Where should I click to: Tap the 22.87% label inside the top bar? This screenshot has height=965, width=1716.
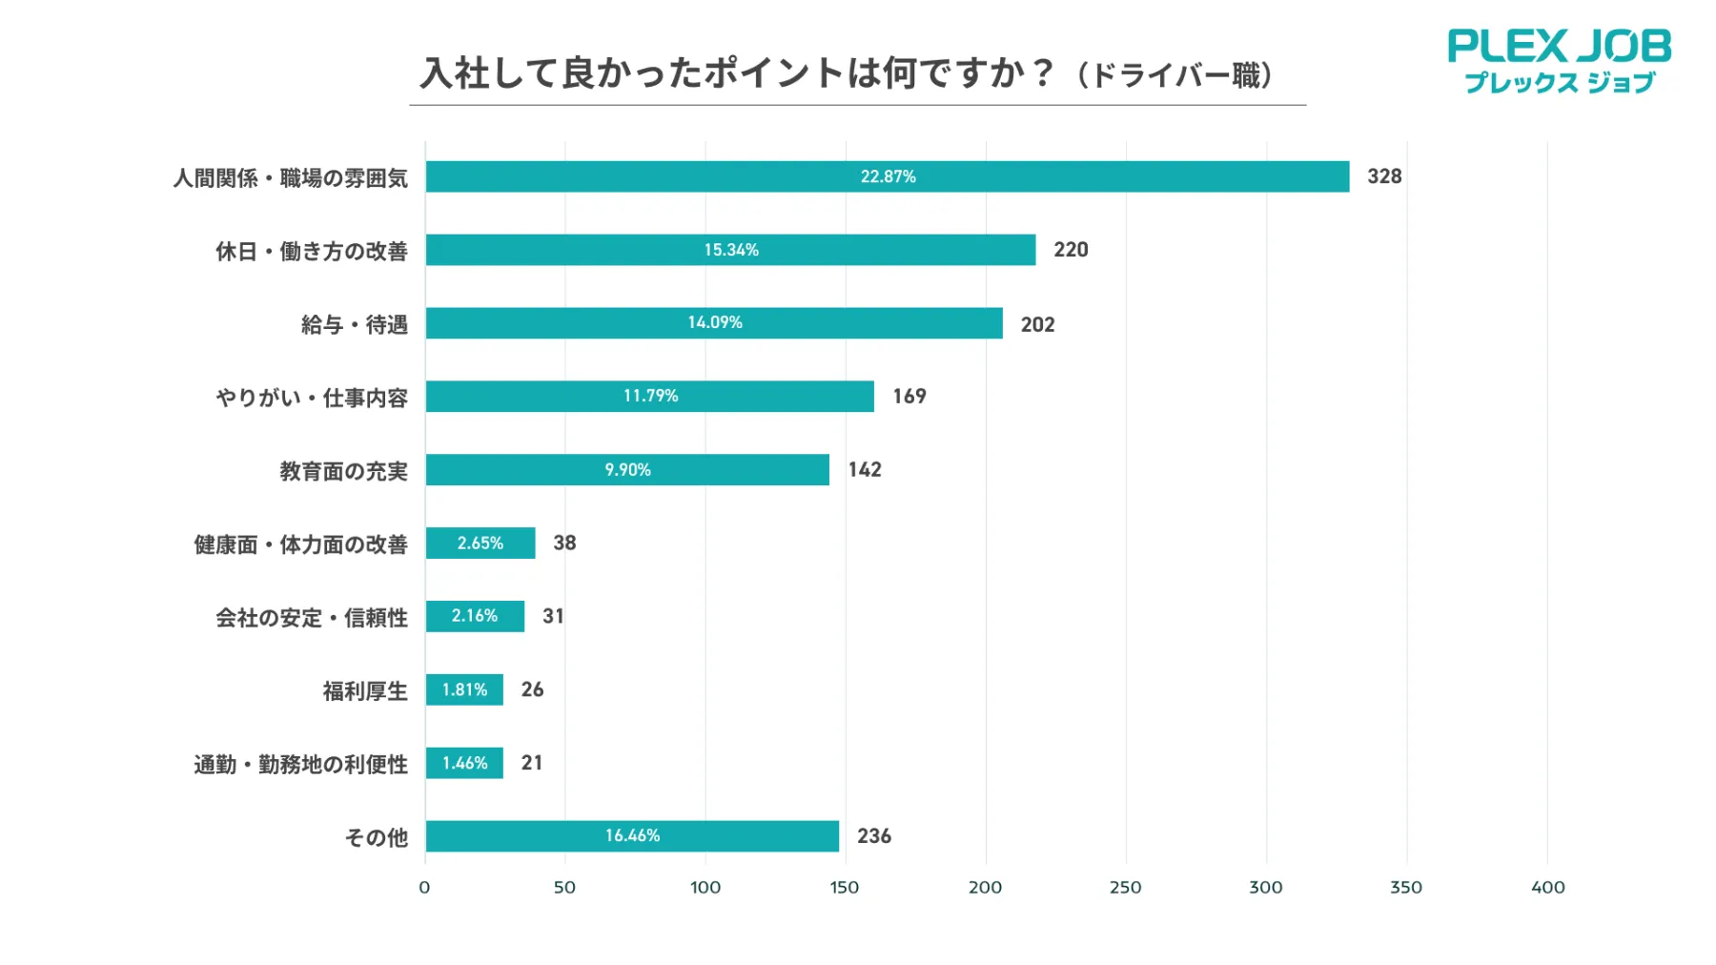888,176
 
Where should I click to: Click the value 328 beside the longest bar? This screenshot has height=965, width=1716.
1384,176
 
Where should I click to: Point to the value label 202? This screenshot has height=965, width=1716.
1037,324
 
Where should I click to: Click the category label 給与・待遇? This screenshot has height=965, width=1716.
355,325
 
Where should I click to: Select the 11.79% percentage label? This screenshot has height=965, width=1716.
650,396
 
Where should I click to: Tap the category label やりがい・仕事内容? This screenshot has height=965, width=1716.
312,398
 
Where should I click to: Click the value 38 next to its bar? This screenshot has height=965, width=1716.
564,543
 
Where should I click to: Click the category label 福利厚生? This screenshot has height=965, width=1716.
365,691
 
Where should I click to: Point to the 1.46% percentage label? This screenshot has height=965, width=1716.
464,763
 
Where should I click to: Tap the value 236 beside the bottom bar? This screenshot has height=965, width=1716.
873,836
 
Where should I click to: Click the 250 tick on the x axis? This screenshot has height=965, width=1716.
1125,888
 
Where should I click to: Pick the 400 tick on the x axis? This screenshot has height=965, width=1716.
1547,888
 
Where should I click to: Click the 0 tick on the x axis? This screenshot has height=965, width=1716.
424,888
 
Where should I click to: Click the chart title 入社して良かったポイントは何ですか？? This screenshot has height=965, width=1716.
739,73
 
